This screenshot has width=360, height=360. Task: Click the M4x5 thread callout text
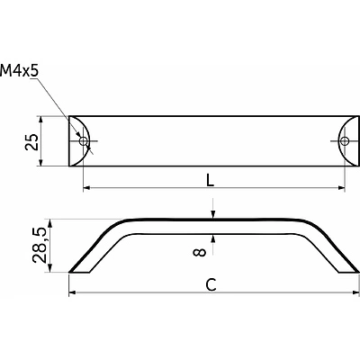coord(20,71)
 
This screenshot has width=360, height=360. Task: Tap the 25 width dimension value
coord(31,142)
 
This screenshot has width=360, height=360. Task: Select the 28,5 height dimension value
coord(40,246)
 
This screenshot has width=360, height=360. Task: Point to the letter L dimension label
coord(211,181)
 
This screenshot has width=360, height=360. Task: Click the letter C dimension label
coord(211,284)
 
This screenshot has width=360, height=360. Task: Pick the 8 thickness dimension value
coord(200,252)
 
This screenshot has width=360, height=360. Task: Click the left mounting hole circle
coord(83,140)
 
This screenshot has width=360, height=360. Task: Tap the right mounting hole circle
coord(345,140)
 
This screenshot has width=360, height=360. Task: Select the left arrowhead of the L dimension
coord(86,188)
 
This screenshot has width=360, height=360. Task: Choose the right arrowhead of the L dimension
coord(341,188)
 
